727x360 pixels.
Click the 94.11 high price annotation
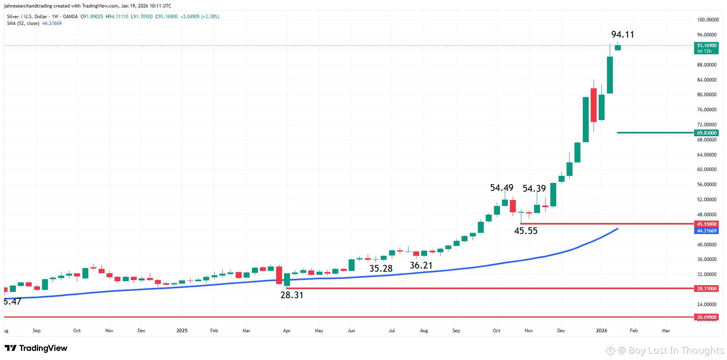coord(622,35)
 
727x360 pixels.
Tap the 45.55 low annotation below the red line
coord(526,231)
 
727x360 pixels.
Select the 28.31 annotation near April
coord(292,295)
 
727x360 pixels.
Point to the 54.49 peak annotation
coord(502,188)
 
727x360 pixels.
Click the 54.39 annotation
coord(534,189)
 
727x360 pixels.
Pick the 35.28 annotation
coord(381,269)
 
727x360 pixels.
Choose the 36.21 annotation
coord(421,265)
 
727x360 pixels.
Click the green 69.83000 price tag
coord(706,133)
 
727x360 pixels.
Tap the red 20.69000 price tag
coord(706,317)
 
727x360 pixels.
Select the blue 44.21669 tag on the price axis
coord(706,231)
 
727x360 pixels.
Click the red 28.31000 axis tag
coord(706,289)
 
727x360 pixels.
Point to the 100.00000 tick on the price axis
coord(708,20)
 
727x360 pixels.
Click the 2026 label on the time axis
coord(601,331)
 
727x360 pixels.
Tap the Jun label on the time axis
coord(351,331)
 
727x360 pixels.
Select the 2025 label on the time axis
coord(182,331)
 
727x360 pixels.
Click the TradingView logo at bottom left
coord(36,348)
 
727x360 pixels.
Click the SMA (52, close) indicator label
coord(23,23)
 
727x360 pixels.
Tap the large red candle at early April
coord(279,275)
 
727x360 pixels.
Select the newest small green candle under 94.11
coord(618,48)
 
